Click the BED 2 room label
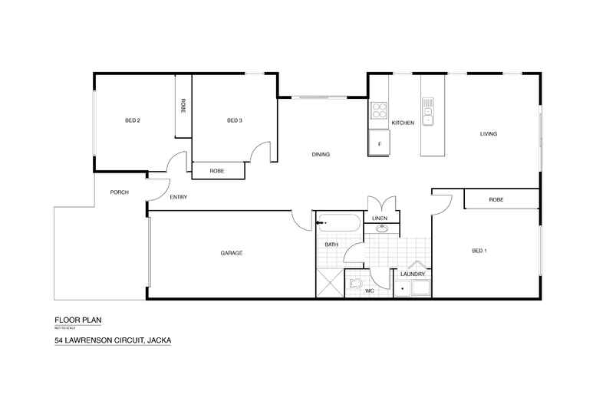(132, 120)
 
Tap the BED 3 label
(235, 120)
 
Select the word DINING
(321, 155)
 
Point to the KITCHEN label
(403, 123)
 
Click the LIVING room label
(489, 134)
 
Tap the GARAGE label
(232, 252)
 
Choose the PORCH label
(119, 192)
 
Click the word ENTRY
(179, 198)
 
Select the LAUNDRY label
(413, 274)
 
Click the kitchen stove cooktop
(379, 111)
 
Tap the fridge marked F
(379, 144)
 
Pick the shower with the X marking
(330, 283)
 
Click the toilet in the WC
(355, 284)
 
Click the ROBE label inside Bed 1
(496, 200)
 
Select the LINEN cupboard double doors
(381, 205)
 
